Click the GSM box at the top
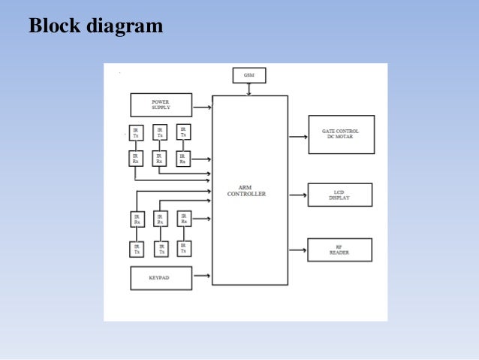249,75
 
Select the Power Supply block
161,104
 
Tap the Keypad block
161,277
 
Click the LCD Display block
339,195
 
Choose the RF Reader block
339,250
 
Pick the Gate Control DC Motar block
341,135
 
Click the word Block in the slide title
57,26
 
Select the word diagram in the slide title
125,27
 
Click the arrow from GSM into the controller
249,89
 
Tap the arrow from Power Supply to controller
202,108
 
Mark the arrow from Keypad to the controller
202,277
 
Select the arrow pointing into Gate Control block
297,137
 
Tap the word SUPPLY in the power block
161,107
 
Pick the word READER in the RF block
339,253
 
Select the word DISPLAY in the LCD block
339,198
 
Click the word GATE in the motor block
329,132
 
